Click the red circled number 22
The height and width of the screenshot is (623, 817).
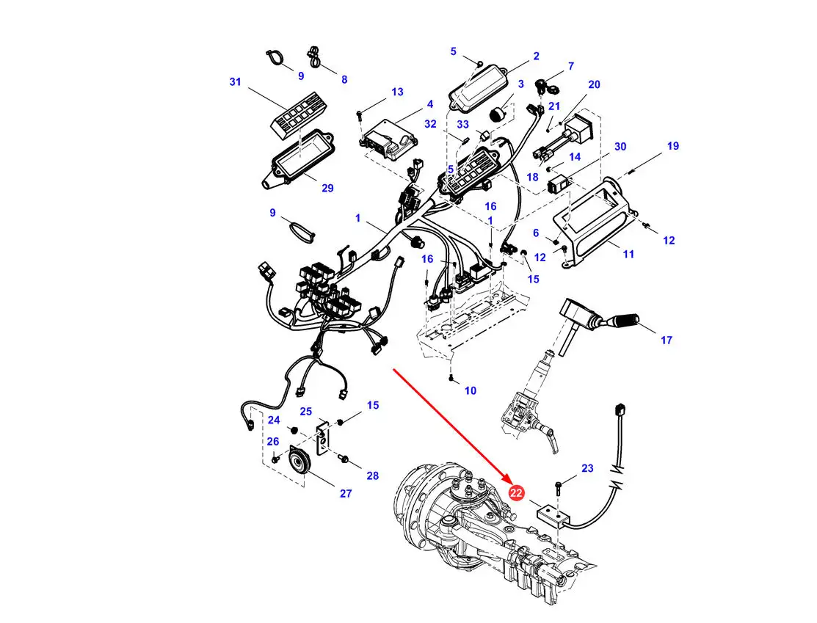(x=516, y=493)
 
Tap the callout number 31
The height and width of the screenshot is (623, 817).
(x=236, y=81)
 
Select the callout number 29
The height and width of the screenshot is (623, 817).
(x=327, y=188)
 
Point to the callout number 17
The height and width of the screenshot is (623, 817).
(x=667, y=340)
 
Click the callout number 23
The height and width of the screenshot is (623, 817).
(x=587, y=468)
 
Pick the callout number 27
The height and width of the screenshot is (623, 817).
(x=346, y=493)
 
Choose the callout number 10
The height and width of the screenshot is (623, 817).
(x=470, y=390)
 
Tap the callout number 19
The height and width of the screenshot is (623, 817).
(x=672, y=146)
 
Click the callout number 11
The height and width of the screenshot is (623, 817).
(x=628, y=254)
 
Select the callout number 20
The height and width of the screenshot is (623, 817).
(x=594, y=84)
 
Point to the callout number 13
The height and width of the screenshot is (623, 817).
(x=397, y=92)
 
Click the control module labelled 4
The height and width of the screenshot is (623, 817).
(x=390, y=139)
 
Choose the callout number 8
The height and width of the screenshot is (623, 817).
(x=344, y=80)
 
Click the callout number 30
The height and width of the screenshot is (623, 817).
(x=620, y=147)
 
